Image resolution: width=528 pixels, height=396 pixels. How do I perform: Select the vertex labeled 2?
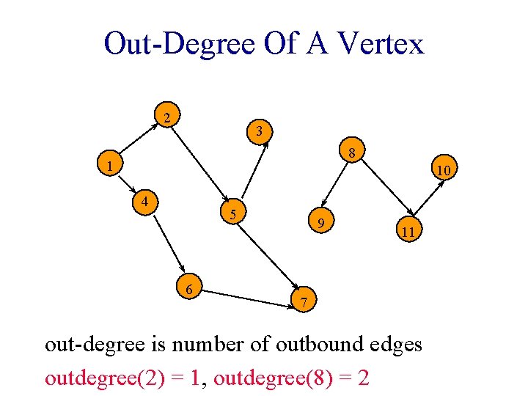[168, 117]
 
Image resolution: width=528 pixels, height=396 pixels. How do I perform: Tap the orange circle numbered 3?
[260, 131]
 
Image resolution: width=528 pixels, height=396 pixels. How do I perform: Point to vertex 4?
[147, 200]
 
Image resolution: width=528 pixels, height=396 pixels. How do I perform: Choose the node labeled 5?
[233, 214]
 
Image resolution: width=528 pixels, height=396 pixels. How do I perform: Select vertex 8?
[352, 153]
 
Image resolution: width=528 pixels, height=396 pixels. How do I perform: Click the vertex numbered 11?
[408, 232]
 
